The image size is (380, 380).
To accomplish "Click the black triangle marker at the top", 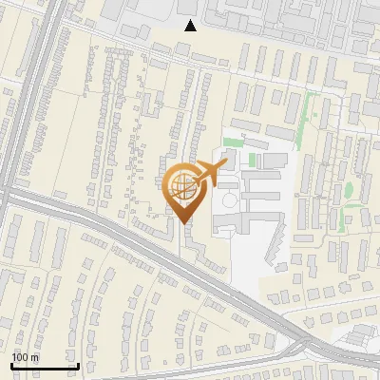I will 191,26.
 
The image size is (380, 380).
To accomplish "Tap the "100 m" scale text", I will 25,357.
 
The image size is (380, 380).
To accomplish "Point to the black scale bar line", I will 45,366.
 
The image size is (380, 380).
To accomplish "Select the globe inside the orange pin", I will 180,186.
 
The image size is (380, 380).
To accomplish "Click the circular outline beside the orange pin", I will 230,201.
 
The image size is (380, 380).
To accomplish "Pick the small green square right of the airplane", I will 253,161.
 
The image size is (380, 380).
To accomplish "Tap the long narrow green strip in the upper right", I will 306,119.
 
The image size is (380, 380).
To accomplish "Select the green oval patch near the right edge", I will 348,189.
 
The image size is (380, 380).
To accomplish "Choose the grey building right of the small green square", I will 272,161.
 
